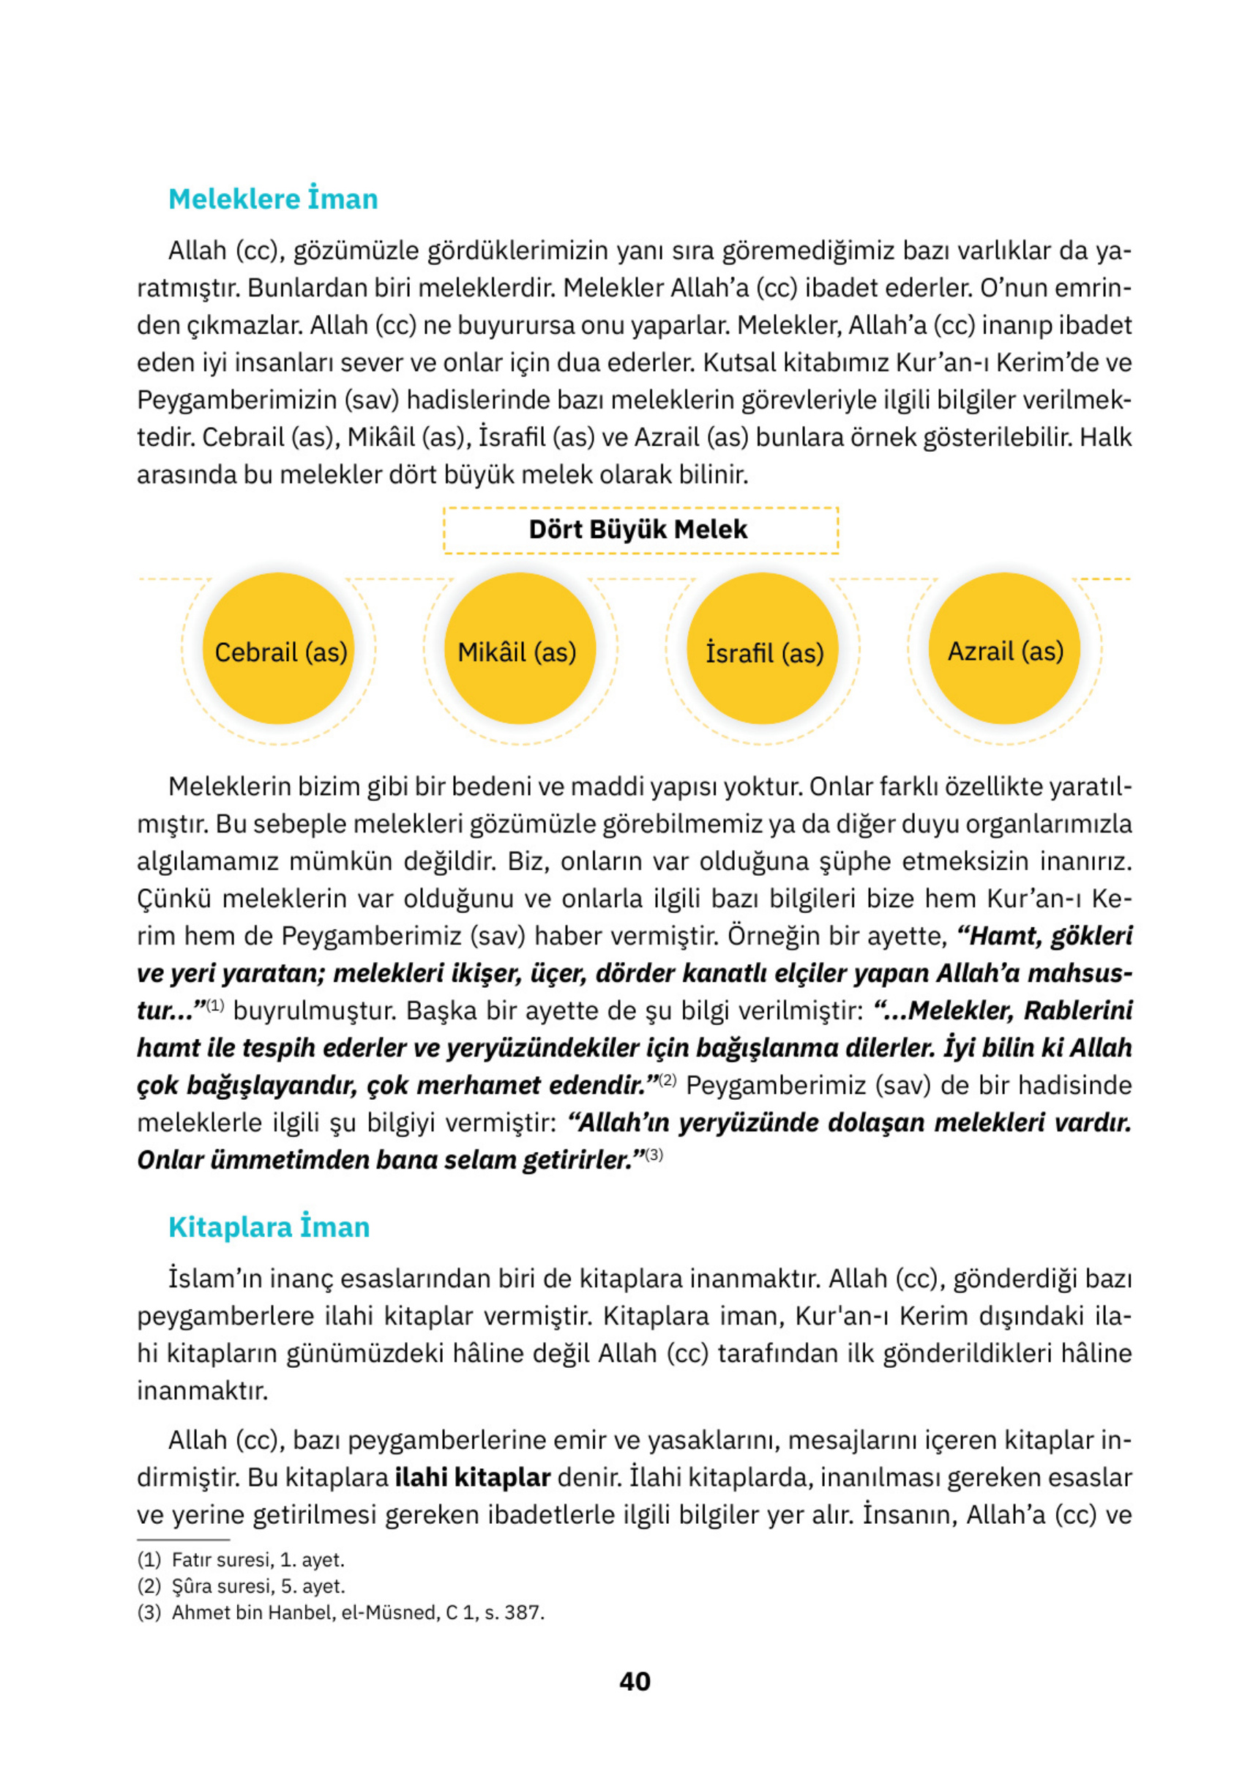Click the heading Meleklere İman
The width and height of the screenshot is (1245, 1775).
coord(273,198)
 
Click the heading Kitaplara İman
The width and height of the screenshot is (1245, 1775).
coord(269,1227)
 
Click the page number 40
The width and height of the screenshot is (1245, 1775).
coord(635,1681)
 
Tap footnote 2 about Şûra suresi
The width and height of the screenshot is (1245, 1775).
coord(241,1585)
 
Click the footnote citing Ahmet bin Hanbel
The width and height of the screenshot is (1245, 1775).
coord(340,1612)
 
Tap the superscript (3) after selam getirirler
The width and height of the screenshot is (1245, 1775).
coord(654,1155)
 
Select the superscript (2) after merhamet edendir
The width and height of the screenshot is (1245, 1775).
coord(667,1080)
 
